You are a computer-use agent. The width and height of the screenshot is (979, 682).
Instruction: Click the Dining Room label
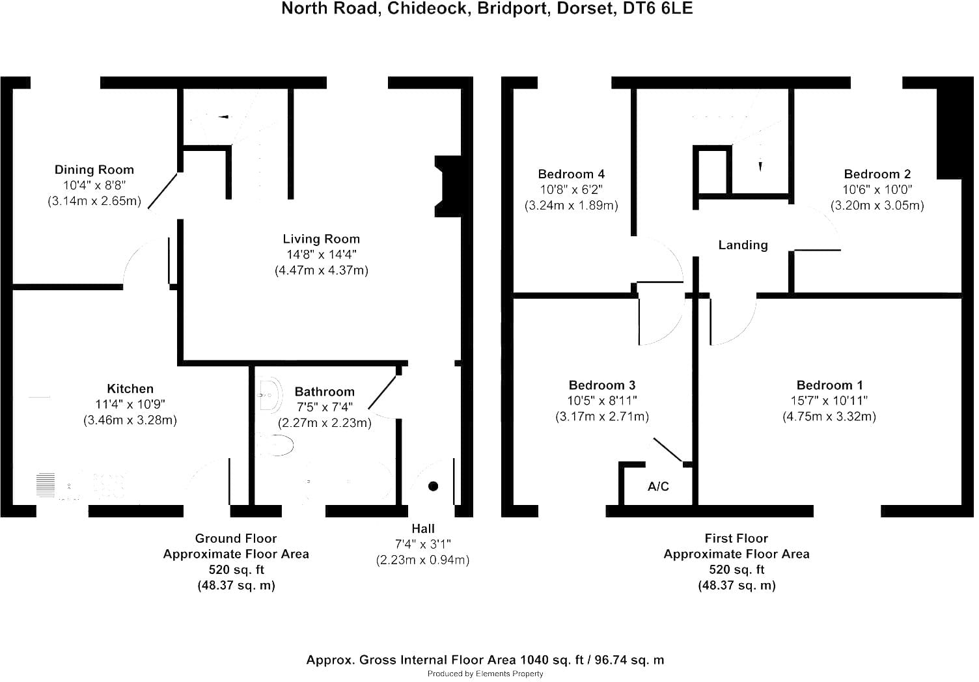(94, 169)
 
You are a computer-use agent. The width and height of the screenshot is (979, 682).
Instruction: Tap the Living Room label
(322, 239)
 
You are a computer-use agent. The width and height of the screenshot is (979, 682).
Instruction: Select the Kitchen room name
(130, 389)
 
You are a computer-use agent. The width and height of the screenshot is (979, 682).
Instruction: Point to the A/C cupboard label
(658, 486)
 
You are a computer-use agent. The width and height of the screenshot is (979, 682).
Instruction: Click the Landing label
(743, 245)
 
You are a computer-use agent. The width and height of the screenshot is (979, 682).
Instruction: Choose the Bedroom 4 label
(572, 174)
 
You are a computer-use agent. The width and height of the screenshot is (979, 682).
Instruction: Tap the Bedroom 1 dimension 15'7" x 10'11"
(829, 401)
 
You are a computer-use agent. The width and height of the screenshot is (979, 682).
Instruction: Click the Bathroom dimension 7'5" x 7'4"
(325, 407)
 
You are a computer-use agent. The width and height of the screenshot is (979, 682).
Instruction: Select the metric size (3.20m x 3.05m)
(877, 206)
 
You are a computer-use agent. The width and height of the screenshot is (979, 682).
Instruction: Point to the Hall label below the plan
(423, 529)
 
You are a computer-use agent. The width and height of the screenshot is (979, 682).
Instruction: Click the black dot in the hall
(433, 486)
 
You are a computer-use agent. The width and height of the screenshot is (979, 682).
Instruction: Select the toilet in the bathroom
(275, 445)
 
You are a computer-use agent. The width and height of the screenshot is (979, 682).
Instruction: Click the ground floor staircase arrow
(223, 116)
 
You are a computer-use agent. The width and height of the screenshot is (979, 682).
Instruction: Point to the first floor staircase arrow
(760, 167)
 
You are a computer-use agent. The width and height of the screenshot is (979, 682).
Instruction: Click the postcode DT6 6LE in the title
(657, 8)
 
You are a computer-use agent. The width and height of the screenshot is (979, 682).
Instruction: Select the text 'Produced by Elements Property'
(485, 674)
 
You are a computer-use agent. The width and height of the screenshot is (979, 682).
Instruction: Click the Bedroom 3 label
(602, 385)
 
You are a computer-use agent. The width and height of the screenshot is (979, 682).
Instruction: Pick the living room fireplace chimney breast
(448, 187)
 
